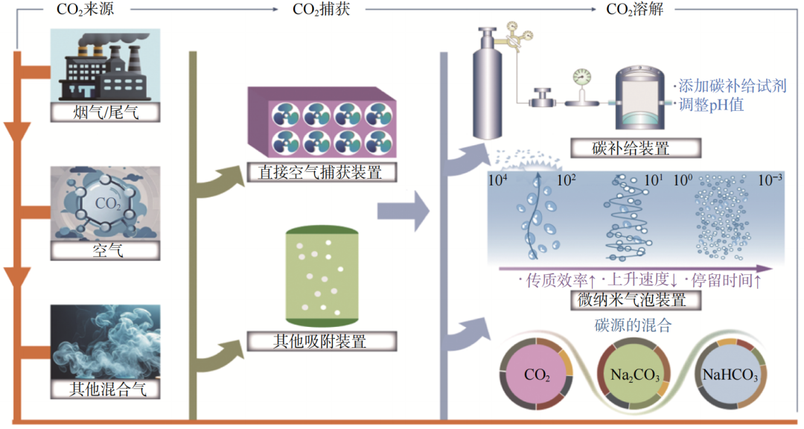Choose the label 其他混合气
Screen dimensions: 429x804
click(x=106, y=387)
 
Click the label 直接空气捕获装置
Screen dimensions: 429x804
click(x=322, y=173)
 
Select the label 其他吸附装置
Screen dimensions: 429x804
click(x=322, y=342)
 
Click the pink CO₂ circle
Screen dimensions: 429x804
click(x=537, y=375)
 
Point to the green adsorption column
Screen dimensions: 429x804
click(x=322, y=276)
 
